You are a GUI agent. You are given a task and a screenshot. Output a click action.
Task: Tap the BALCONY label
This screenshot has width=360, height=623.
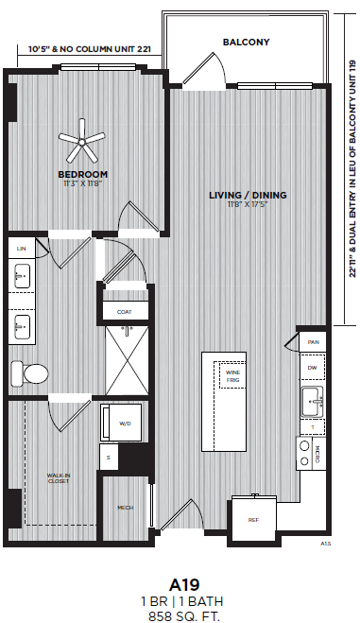click(246, 43)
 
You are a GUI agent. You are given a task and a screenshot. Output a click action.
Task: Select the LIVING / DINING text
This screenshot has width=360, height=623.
click(248, 196)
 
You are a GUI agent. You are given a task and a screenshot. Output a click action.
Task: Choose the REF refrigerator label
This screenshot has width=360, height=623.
click(253, 520)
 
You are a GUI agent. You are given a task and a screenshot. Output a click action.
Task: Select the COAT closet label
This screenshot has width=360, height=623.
click(124, 311)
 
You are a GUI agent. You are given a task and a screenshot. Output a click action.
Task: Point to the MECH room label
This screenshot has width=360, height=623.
click(124, 508)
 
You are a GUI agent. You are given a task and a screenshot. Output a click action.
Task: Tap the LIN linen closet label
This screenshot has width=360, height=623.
click(21, 248)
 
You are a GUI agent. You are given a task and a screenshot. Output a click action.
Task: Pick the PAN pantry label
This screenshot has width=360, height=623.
click(313, 342)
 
